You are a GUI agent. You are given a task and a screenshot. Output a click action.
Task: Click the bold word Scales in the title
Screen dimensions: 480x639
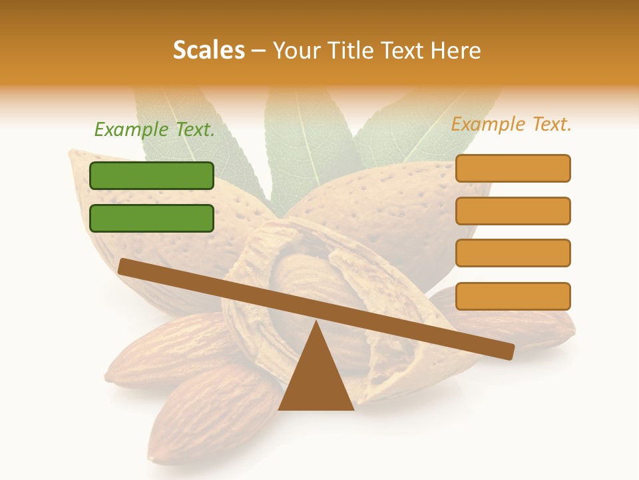point(208,50)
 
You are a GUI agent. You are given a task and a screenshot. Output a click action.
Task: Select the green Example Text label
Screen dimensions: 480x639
point(154,129)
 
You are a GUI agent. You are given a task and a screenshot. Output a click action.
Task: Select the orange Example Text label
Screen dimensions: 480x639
point(511,124)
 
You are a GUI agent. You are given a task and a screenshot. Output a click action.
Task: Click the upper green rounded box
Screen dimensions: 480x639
point(152,175)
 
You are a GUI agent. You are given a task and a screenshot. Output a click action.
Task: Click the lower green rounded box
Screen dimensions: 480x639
point(152,218)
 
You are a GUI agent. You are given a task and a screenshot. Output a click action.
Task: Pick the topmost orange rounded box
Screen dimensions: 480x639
point(513,168)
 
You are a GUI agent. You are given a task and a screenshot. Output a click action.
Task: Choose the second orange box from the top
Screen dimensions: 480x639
point(513,211)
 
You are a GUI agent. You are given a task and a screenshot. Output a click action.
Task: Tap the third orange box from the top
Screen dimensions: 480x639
point(513,253)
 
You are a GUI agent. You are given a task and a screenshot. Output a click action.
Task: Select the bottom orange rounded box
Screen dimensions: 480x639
point(513,296)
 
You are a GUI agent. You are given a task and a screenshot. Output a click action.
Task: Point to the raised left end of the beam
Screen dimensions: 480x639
point(124,267)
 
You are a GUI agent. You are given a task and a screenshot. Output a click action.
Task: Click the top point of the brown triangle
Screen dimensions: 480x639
point(316,322)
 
